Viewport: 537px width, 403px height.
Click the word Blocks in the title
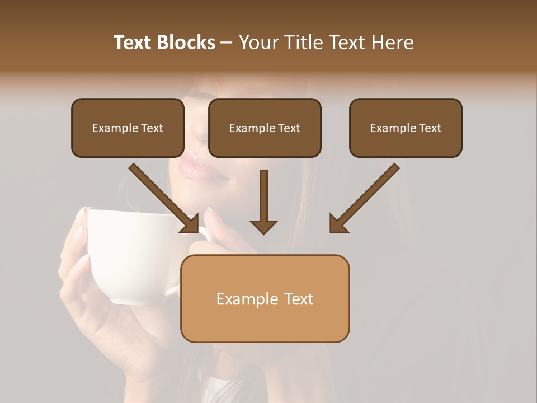[187, 43]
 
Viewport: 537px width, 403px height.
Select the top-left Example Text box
[128, 128]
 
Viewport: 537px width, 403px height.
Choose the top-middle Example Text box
[265, 128]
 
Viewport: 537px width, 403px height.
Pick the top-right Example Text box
[406, 128]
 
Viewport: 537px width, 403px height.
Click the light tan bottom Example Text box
[265, 298]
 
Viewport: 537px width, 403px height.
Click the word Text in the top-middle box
[289, 128]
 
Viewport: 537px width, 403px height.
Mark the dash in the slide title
[227, 43]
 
